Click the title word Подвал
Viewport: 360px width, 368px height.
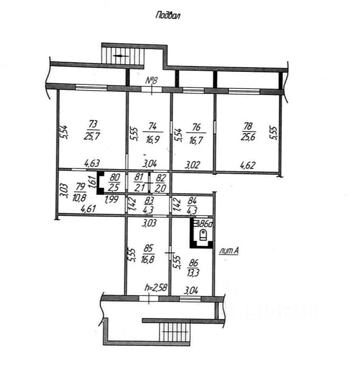(x=169, y=15)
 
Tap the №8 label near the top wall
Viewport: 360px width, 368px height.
(x=152, y=80)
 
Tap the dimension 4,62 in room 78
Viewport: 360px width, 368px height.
(x=248, y=165)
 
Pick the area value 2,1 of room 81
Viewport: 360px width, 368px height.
(x=139, y=188)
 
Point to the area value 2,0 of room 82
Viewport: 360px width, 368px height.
(x=161, y=188)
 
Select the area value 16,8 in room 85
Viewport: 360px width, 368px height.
(x=147, y=259)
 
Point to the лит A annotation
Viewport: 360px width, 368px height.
(x=228, y=251)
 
